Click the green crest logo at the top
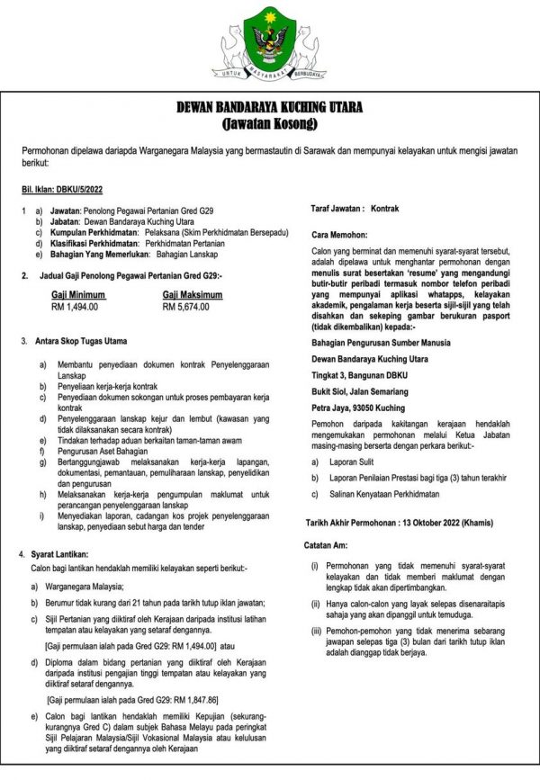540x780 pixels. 270,40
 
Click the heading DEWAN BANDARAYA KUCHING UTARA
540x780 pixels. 270,108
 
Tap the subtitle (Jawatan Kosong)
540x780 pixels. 270,122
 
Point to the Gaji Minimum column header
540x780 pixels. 79,293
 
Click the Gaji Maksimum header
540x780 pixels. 193,293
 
